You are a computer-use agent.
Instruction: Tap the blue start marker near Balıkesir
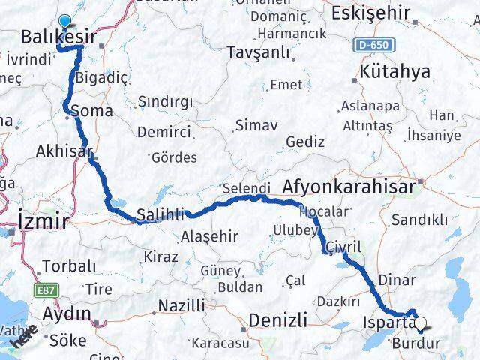[65, 22]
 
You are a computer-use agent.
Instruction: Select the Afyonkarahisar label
[349, 187]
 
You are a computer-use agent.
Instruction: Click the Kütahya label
[394, 71]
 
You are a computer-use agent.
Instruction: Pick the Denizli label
[277, 320]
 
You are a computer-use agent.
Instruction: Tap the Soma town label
[92, 111]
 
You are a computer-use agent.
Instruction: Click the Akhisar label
[64, 151]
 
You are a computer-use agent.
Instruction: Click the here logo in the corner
[22, 337]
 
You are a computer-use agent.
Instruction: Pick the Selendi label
[245, 187]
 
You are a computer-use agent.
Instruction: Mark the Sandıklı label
[420, 220]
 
